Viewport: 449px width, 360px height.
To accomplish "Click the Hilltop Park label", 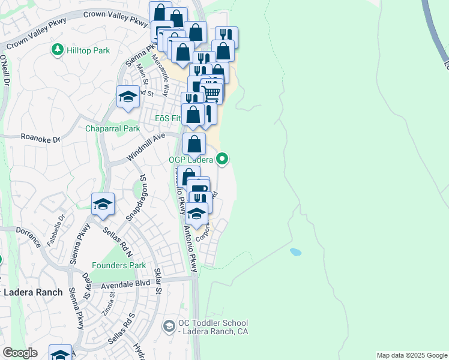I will coord(89,51).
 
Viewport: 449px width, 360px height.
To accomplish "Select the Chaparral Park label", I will coord(112,128).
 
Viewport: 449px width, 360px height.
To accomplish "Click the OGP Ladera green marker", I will coord(223,159).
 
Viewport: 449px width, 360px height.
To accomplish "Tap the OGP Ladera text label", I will coord(191,160).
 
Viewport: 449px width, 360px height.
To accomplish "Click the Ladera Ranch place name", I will coord(33,292).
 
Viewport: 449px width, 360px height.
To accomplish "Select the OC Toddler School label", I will coord(213,328).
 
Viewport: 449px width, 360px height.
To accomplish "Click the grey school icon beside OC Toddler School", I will coord(169,326).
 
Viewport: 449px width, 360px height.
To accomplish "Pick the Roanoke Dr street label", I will coord(41,139).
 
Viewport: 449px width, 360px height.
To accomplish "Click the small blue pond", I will coord(295,252).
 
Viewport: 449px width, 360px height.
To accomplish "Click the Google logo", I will coord(20,353).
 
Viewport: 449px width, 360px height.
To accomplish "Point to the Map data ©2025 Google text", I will coord(412,355).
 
